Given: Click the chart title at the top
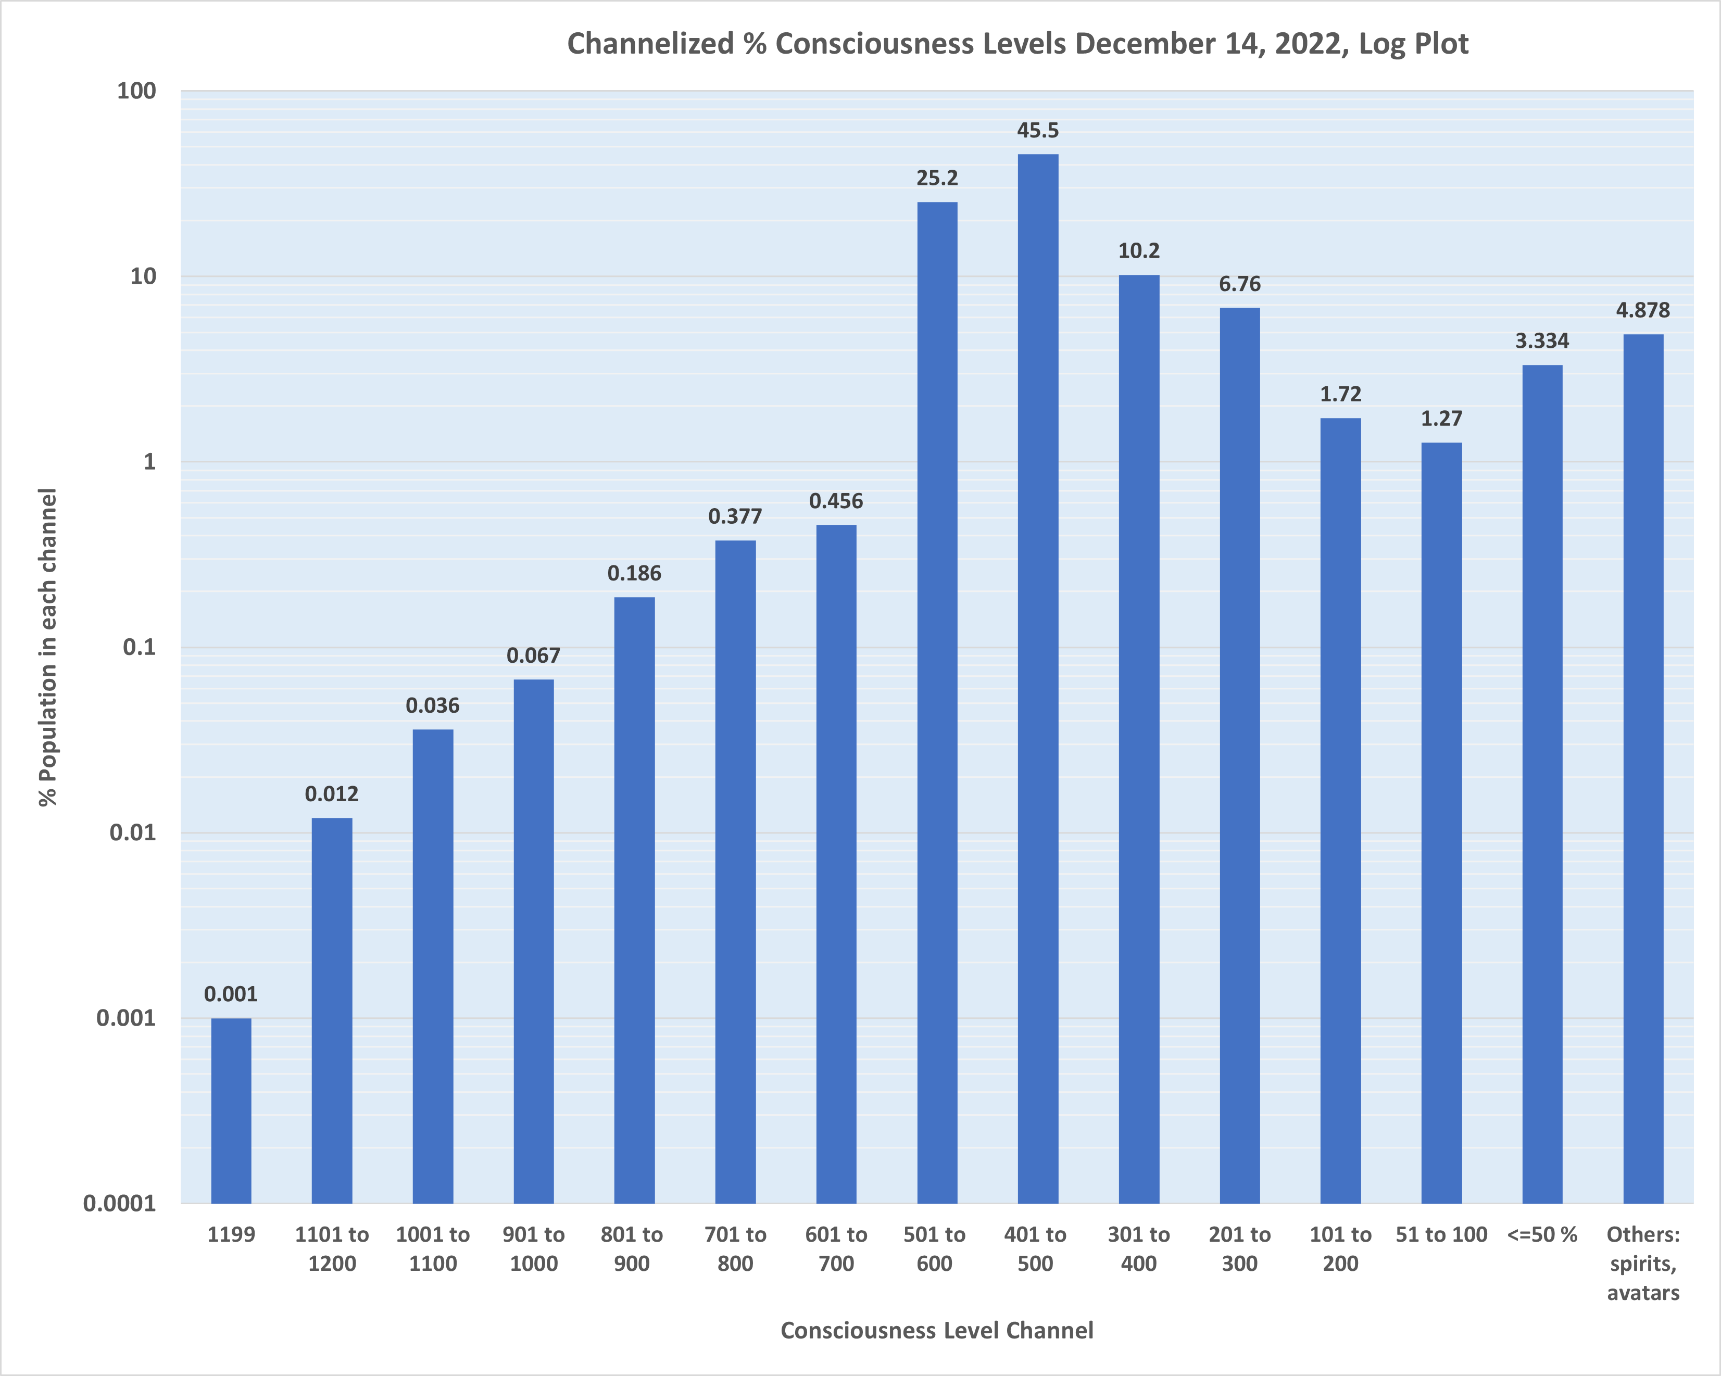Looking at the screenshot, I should pyautogui.click(x=1017, y=44).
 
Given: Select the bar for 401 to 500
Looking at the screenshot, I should pyautogui.click(x=1038, y=678).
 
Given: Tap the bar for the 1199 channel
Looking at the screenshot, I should pyautogui.click(x=231, y=1110).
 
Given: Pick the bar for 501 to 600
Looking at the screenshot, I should pyautogui.click(x=937, y=702).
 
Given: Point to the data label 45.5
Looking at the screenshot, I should pyautogui.click(x=1038, y=131).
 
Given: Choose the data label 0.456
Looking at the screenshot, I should pyautogui.click(x=836, y=501).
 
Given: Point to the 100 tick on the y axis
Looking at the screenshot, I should pyautogui.click(x=136, y=91).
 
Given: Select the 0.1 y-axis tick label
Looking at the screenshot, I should pyautogui.click(x=139, y=647).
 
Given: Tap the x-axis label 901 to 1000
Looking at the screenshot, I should pyautogui.click(x=533, y=1249).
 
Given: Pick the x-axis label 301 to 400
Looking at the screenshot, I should pyautogui.click(x=1138, y=1249).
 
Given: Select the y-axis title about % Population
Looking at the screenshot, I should pyautogui.click(x=48, y=647).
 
